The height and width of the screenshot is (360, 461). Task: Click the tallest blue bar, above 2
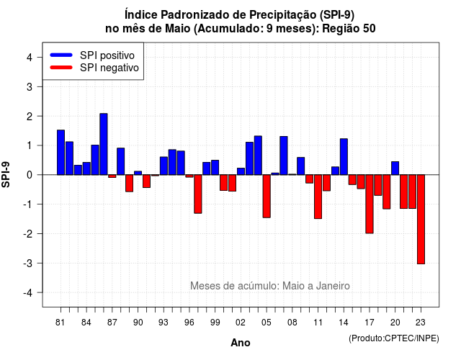pos(104,144)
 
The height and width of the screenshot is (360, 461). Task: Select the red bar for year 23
pos(421,219)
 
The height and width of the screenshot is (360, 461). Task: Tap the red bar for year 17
pos(370,204)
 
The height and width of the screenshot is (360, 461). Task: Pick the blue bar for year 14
pos(344,157)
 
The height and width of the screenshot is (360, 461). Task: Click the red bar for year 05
pos(267,196)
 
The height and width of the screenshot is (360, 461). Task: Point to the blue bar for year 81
pos(61,152)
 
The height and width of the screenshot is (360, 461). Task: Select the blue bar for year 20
pos(395,168)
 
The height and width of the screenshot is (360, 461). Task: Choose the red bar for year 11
pos(318,197)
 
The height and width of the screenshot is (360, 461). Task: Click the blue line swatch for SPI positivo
pos(61,55)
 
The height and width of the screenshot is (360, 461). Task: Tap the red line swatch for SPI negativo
pos(61,67)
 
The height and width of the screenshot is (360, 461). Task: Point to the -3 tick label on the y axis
pos(27,264)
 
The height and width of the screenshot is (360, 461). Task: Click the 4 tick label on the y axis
pos(30,58)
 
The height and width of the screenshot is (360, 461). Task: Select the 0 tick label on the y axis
pos(30,175)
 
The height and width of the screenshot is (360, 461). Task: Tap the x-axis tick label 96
pos(189,323)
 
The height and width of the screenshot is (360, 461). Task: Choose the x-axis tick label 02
pos(241,323)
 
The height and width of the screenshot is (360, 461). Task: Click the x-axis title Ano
pos(241,343)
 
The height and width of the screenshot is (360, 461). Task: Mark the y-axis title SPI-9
pos(6,174)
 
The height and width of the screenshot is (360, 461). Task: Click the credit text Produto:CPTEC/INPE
pos(394,338)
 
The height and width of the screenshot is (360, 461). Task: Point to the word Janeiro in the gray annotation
pos(333,286)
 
